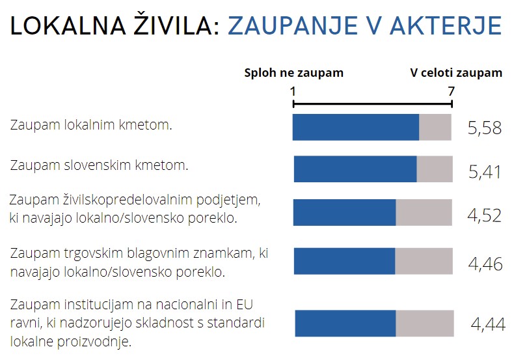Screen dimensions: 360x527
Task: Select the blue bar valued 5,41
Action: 355,169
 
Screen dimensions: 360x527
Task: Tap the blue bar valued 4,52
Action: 344,213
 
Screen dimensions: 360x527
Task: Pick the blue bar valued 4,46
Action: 344,261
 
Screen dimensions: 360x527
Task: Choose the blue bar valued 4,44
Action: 345,324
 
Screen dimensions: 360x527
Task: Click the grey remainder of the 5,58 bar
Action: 435,127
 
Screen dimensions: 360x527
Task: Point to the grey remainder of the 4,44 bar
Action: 424,324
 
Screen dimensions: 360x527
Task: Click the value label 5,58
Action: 485,128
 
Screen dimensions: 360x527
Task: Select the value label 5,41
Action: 485,172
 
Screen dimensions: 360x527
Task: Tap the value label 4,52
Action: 485,215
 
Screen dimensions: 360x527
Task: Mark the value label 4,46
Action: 485,264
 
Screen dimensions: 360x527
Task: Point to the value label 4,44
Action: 487,324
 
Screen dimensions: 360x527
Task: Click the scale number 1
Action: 293,91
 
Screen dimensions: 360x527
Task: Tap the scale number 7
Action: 451,91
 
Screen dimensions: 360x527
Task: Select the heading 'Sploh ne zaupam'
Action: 293,73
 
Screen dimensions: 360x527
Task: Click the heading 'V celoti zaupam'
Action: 456,73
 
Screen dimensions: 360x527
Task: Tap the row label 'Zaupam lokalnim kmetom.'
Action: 91,124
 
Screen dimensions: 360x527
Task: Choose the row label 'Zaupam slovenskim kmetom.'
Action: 99,165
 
